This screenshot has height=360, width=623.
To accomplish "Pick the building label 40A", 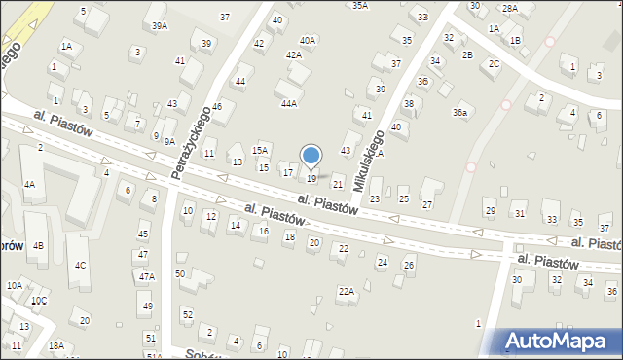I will point(308,40).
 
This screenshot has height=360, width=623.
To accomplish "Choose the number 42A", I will point(293,55).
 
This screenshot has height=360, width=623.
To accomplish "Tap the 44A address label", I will point(289,103).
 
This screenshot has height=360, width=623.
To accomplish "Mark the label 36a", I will point(459,113).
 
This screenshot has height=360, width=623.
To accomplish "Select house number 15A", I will point(260,150).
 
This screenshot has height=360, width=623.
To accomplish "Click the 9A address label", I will point(169,142).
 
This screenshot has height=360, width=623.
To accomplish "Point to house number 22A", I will point(346,291).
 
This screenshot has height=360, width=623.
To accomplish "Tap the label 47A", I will point(146,276).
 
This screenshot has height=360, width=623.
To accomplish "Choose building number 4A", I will point(30,184).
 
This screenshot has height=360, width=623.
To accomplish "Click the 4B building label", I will point(38,245).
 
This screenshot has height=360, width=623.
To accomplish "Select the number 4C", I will point(81,265).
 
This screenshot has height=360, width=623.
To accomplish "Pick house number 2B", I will point(467,54).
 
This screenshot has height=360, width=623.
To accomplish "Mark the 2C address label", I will point(495,64).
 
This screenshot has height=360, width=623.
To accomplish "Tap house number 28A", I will point(509,8).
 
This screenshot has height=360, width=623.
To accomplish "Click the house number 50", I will point(180,273).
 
